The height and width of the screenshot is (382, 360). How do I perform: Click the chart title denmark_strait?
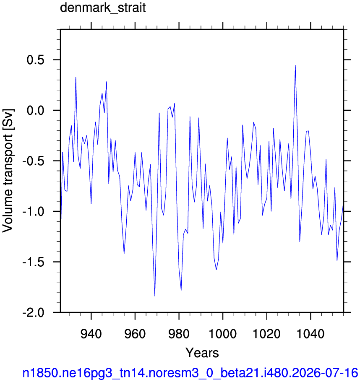[103, 8]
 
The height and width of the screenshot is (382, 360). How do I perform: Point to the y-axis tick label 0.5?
[35, 60]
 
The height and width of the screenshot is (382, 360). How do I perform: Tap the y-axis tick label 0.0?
[35, 110]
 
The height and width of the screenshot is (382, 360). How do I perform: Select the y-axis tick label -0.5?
[34, 161]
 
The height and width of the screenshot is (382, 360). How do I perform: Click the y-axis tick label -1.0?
[34, 211]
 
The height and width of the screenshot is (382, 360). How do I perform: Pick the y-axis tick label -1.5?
[34, 262]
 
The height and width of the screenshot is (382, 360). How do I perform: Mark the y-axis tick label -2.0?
[34, 312]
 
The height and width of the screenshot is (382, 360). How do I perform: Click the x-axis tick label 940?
[91, 333]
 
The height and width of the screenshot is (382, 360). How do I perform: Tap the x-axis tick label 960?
[135, 333]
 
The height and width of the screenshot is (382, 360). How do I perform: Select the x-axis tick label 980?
[179, 333]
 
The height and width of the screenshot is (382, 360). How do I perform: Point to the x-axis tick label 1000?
[223, 333]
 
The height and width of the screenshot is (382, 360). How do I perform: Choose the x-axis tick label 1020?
[267, 333]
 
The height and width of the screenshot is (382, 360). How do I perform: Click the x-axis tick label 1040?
[311, 333]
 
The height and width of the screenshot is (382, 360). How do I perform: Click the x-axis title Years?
[202, 353]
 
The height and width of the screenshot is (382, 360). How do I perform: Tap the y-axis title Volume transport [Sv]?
[8, 171]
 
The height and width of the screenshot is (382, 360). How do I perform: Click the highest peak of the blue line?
[295, 65]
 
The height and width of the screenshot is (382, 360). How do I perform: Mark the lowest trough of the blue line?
[155, 296]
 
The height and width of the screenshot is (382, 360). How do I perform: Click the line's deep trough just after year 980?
[181, 290]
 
